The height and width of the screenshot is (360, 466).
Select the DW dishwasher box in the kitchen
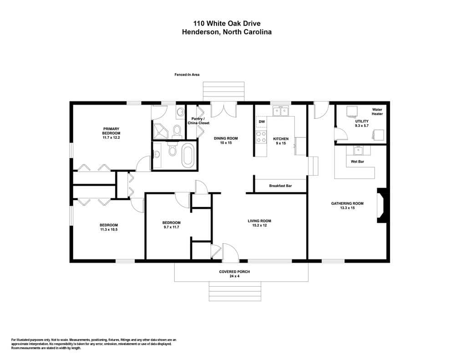point(262,122)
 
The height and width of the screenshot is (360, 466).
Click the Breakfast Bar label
point(280,186)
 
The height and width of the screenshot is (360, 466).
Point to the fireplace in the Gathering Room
point(382,205)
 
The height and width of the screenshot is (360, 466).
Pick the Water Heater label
point(377,112)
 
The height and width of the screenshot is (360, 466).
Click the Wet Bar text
point(357,162)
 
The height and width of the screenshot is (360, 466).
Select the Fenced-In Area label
point(187,75)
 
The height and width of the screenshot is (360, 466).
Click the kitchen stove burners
point(262,137)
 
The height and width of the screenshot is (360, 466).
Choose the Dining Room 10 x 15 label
point(226,140)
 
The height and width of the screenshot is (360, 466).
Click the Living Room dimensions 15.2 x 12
point(259,225)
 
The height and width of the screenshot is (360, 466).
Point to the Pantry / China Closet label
point(198,121)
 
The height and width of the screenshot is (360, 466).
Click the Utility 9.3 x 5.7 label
point(362,123)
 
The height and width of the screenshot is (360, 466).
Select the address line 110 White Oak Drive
point(227,23)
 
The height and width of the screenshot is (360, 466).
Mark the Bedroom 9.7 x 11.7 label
point(172,225)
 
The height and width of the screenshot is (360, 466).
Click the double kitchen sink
point(281,111)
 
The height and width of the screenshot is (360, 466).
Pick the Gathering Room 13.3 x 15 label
point(347,206)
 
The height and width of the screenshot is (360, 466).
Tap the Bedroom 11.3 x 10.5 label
point(109,227)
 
